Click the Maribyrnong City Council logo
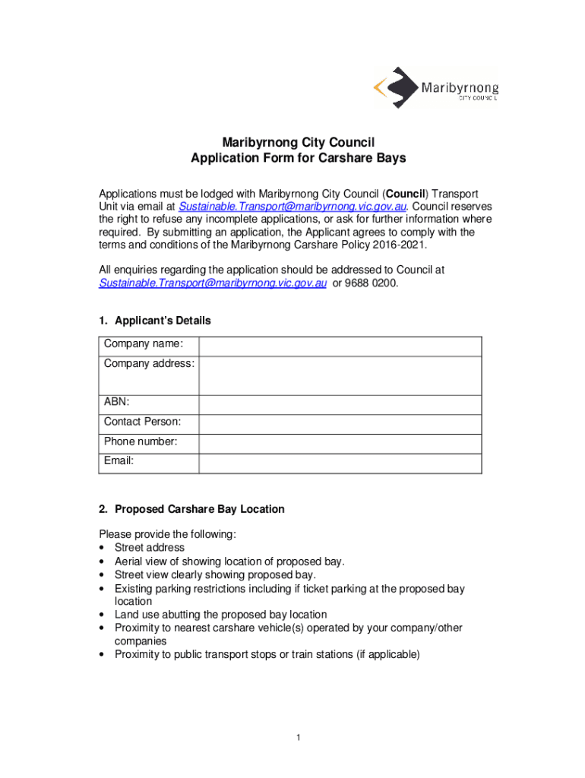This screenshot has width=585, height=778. [x=435, y=87]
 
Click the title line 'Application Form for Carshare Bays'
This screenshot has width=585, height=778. [x=298, y=159]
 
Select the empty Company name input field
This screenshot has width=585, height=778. [x=340, y=346]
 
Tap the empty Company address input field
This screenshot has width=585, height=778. [x=340, y=375]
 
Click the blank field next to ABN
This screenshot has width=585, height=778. [x=340, y=404]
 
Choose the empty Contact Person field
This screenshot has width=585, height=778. [x=340, y=424]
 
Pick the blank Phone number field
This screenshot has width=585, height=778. [x=340, y=444]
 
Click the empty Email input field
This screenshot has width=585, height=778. [x=340, y=463]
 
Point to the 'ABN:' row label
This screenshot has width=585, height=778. [x=117, y=402]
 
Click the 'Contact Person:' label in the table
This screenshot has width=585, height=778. [x=142, y=422]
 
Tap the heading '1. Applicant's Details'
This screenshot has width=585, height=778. [x=155, y=321]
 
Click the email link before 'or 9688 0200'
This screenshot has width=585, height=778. [x=213, y=283]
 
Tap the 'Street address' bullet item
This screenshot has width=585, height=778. [x=149, y=548]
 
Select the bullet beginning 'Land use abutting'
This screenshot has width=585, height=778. [x=220, y=614]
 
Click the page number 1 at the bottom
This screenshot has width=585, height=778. [x=299, y=738]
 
